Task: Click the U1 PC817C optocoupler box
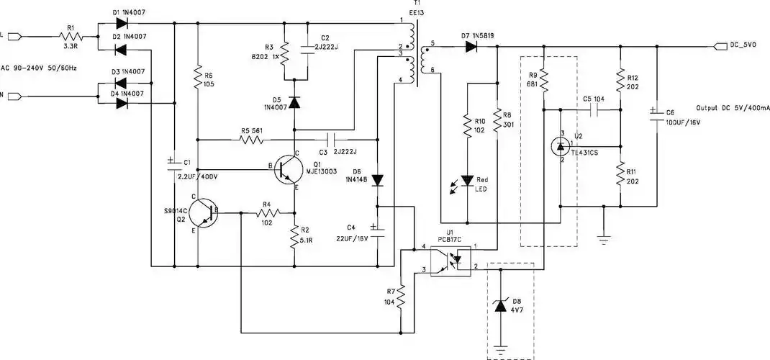pyautogui.click(x=450, y=260)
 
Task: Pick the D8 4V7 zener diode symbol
pyautogui.click(x=502, y=307)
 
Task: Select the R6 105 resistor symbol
pyautogui.click(x=198, y=81)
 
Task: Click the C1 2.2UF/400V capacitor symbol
pyautogui.click(x=173, y=164)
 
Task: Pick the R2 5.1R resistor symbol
pyautogui.click(x=294, y=235)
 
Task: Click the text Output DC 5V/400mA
pyautogui.click(x=733, y=107)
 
